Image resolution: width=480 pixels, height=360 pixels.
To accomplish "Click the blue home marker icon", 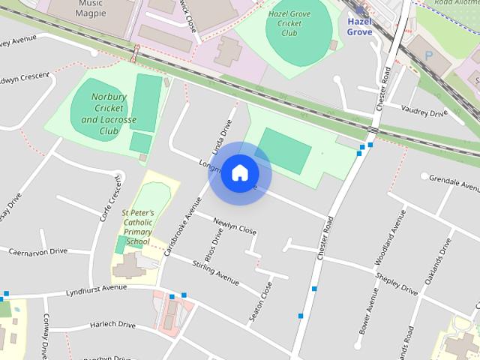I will point(239,173).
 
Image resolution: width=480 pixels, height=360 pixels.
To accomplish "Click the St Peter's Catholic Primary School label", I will point(138,227).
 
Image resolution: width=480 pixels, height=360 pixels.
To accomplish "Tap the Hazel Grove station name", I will point(360,27).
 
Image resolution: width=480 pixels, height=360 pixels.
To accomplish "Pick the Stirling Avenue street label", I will point(215,271).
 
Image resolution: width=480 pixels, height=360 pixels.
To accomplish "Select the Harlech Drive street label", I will point(112,325).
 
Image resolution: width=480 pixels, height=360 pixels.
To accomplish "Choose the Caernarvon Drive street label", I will point(37,252).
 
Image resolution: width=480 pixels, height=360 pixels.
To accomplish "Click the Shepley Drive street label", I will point(398,283).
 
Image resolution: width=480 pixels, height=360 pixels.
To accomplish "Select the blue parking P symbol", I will point(428,55).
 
